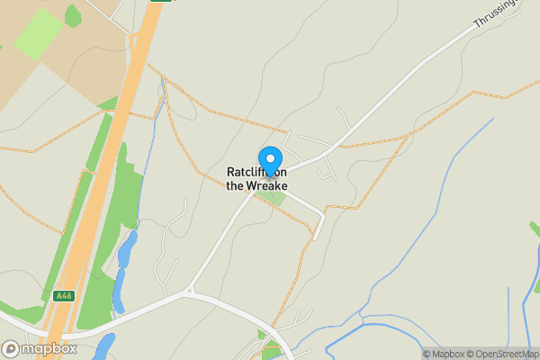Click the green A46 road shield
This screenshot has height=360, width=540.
pos(62,295)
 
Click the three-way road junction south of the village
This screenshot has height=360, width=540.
pos(189,291)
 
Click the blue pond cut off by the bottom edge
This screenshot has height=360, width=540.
pos(104,347)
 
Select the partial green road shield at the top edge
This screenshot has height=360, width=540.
pos(160,2)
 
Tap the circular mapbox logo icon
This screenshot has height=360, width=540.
pos(11,349)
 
